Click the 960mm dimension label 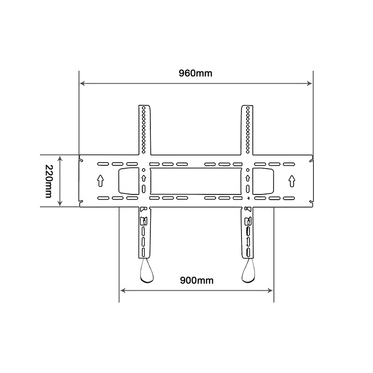pyautogui.click(x=195, y=73)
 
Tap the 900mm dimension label pyautogui.click(x=197, y=280)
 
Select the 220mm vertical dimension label pyautogui.click(x=48, y=181)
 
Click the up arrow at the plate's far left pyautogui.click(x=100, y=180)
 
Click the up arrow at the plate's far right pyautogui.click(x=292, y=180)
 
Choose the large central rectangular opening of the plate pyautogui.click(x=195, y=181)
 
